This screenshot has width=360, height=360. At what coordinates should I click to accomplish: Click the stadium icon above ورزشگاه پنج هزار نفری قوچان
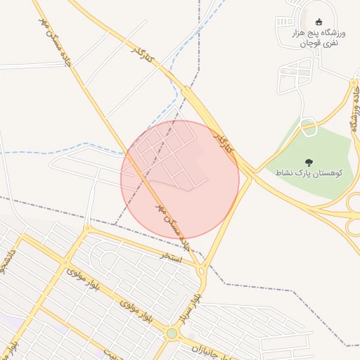click(319, 21)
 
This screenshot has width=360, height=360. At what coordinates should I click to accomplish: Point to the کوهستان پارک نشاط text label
click(309, 173)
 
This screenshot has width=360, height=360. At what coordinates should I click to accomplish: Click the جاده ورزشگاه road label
click(356, 110)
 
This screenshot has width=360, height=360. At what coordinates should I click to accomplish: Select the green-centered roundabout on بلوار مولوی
click(172, 333)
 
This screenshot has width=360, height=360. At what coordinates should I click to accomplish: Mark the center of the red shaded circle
click(180, 179)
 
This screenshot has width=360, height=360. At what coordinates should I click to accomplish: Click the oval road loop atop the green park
click(308, 127)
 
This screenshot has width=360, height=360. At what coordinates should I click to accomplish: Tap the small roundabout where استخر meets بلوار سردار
click(202, 271)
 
